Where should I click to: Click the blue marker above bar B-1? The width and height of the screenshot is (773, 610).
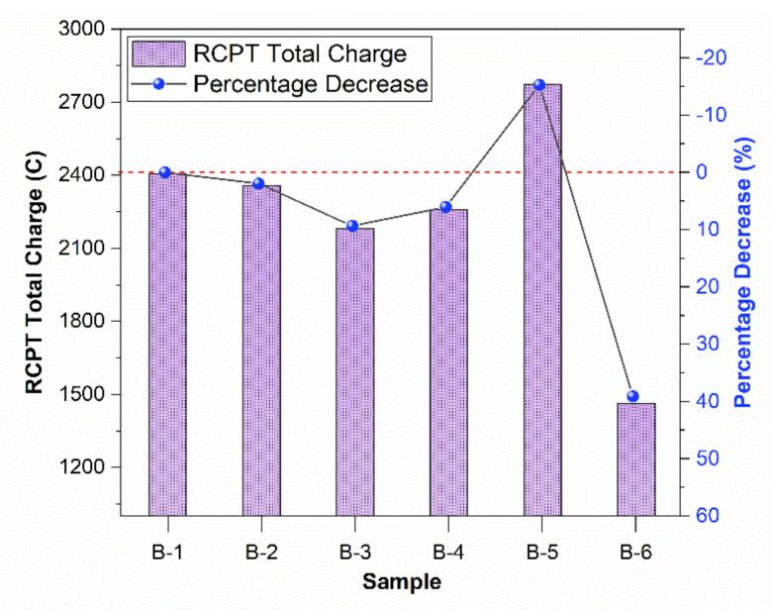[x=165, y=172]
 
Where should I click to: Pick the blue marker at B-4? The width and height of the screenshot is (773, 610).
[x=445, y=207]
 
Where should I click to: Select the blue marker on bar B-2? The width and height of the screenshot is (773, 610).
[x=258, y=183]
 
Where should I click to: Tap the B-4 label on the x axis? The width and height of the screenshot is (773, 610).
[x=445, y=551]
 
